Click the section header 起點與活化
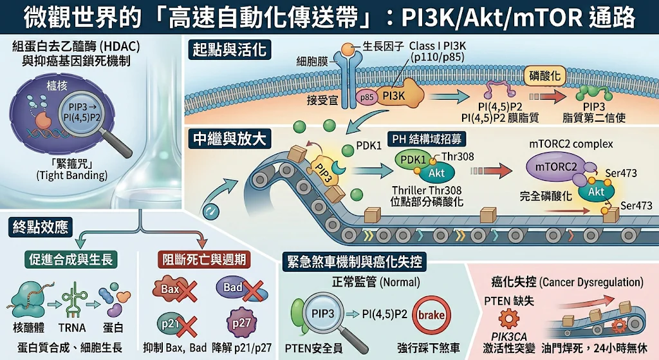point(230,50)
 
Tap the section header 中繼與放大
point(230,139)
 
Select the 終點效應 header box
point(41,227)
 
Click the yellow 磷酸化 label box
point(544,76)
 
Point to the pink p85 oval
point(366,97)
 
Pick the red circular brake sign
point(432,315)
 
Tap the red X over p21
point(186,327)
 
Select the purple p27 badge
point(242,323)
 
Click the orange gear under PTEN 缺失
point(508,318)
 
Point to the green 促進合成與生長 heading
point(71,260)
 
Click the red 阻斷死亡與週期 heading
point(204,260)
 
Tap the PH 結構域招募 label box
point(427,139)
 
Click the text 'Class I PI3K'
point(438,46)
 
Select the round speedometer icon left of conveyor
point(211,211)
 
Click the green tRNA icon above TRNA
point(75,299)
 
